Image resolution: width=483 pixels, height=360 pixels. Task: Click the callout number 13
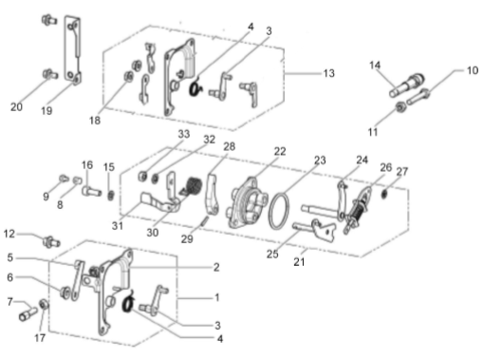[x=328, y=73]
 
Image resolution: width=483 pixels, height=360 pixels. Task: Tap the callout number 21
[x=299, y=262]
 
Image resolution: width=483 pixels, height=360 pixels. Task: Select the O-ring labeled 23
[x=279, y=211]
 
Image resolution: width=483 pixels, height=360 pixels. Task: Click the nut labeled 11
[x=401, y=108]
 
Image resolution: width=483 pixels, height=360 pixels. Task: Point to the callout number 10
[x=473, y=70]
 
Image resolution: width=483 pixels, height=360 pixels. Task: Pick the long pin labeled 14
[x=406, y=85]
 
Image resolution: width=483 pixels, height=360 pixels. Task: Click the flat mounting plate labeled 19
[x=72, y=50]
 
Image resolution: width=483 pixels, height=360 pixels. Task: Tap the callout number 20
[x=16, y=107]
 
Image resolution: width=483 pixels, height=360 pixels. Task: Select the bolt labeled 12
[x=51, y=241]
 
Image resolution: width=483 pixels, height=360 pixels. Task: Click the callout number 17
[x=40, y=338]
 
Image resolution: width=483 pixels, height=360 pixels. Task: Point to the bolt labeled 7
[x=28, y=313]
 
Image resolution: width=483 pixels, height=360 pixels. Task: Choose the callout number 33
[x=184, y=134]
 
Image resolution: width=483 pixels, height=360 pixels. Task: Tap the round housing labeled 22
[x=250, y=202]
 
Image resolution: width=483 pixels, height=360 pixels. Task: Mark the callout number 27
[x=401, y=172]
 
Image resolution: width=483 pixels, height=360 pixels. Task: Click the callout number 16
[x=87, y=165]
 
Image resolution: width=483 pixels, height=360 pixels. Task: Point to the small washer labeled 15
[x=111, y=195]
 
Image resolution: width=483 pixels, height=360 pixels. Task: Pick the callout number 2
[x=216, y=267]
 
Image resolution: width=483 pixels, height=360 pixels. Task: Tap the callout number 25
[x=272, y=254]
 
